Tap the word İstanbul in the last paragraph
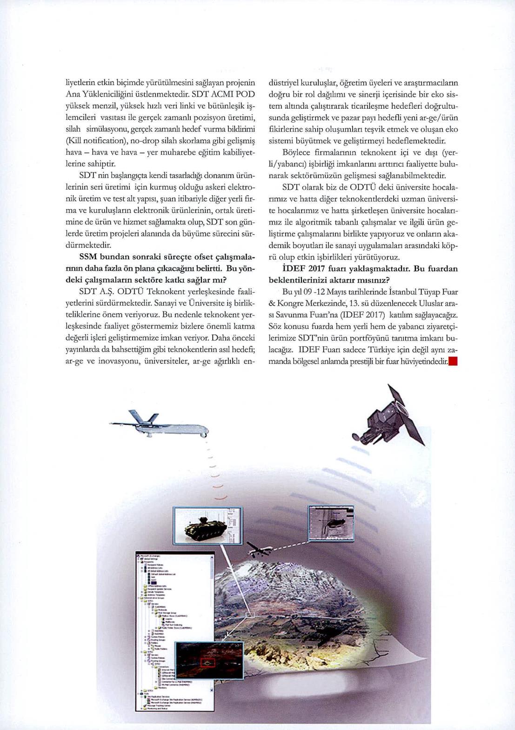392,292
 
